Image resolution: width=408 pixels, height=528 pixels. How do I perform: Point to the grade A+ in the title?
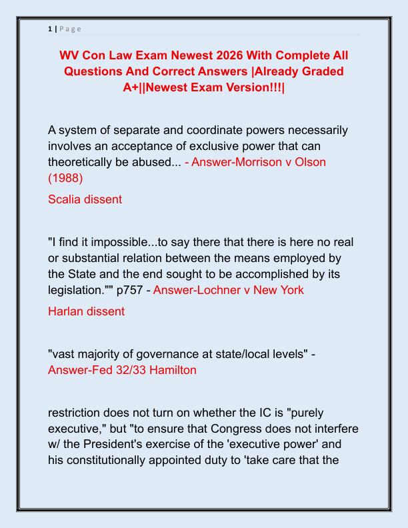pos(132,87)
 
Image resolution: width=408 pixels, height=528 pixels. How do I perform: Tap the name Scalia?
pos(65,199)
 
